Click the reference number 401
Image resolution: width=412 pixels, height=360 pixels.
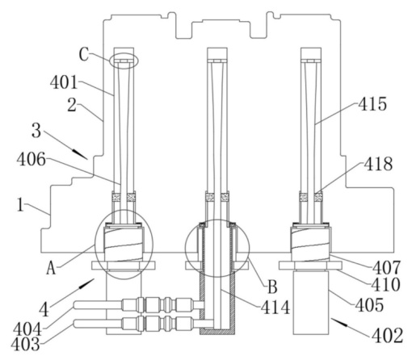click(x=64, y=82)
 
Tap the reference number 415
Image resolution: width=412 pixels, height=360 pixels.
click(x=372, y=104)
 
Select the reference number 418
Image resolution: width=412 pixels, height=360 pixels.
click(x=378, y=164)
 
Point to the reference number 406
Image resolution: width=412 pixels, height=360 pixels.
click(x=32, y=159)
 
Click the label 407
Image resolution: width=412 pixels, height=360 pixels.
click(x=387, y=268)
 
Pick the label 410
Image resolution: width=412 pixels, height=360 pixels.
click(x=385, y=284)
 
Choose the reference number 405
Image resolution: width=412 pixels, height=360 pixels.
click(x=369, y=305)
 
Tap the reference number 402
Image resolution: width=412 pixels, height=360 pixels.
click(x=387, y=336)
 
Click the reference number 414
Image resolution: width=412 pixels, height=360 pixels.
click(x=275, y=308)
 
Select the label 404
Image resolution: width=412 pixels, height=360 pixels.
click(x=27, y=329)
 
